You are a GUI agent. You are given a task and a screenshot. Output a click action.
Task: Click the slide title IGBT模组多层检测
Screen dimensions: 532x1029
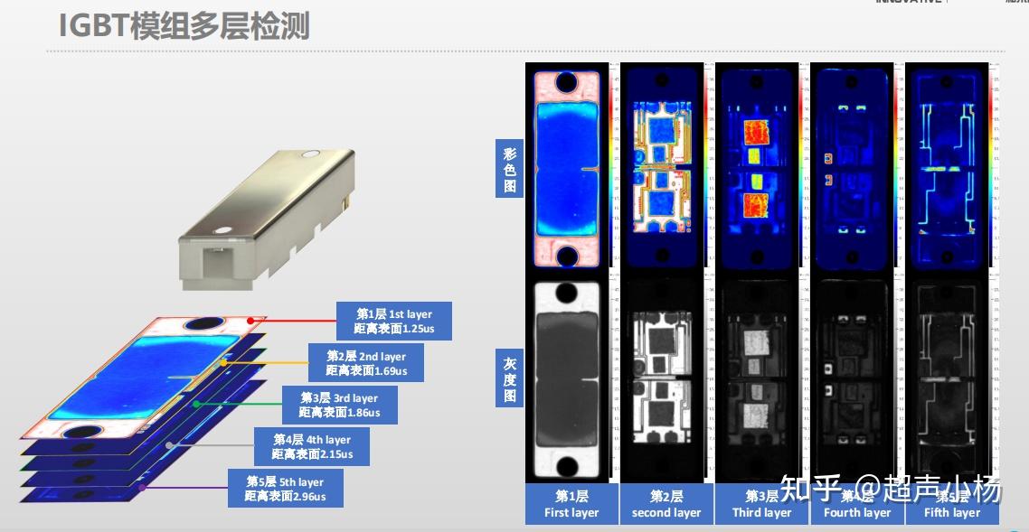tap(184, 25)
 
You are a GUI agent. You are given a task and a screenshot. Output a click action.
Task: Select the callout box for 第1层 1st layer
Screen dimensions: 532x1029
tap(393, 321)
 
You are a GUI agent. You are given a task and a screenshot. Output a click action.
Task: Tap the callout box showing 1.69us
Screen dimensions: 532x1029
tap(366, 363)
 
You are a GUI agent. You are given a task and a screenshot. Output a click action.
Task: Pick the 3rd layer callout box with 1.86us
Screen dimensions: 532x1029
tap(339, 405)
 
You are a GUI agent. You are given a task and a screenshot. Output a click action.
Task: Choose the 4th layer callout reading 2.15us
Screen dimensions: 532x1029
tap(312, 446)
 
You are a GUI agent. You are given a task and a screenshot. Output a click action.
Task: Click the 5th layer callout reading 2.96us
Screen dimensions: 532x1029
tap(285, 489)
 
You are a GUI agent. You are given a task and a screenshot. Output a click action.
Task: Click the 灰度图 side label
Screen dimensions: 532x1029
tap(509, 380)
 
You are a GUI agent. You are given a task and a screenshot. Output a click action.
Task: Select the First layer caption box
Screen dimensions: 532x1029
tap(571, 504)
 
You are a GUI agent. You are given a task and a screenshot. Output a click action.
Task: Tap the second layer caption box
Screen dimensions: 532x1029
tap(666, 504)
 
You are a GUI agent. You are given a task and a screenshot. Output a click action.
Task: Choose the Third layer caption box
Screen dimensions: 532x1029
tap(761, 504)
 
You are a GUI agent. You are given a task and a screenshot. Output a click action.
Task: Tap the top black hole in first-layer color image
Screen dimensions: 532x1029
tap(567, 83)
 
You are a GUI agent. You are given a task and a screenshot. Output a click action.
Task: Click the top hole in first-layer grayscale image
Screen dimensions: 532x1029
tap(567, 294)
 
